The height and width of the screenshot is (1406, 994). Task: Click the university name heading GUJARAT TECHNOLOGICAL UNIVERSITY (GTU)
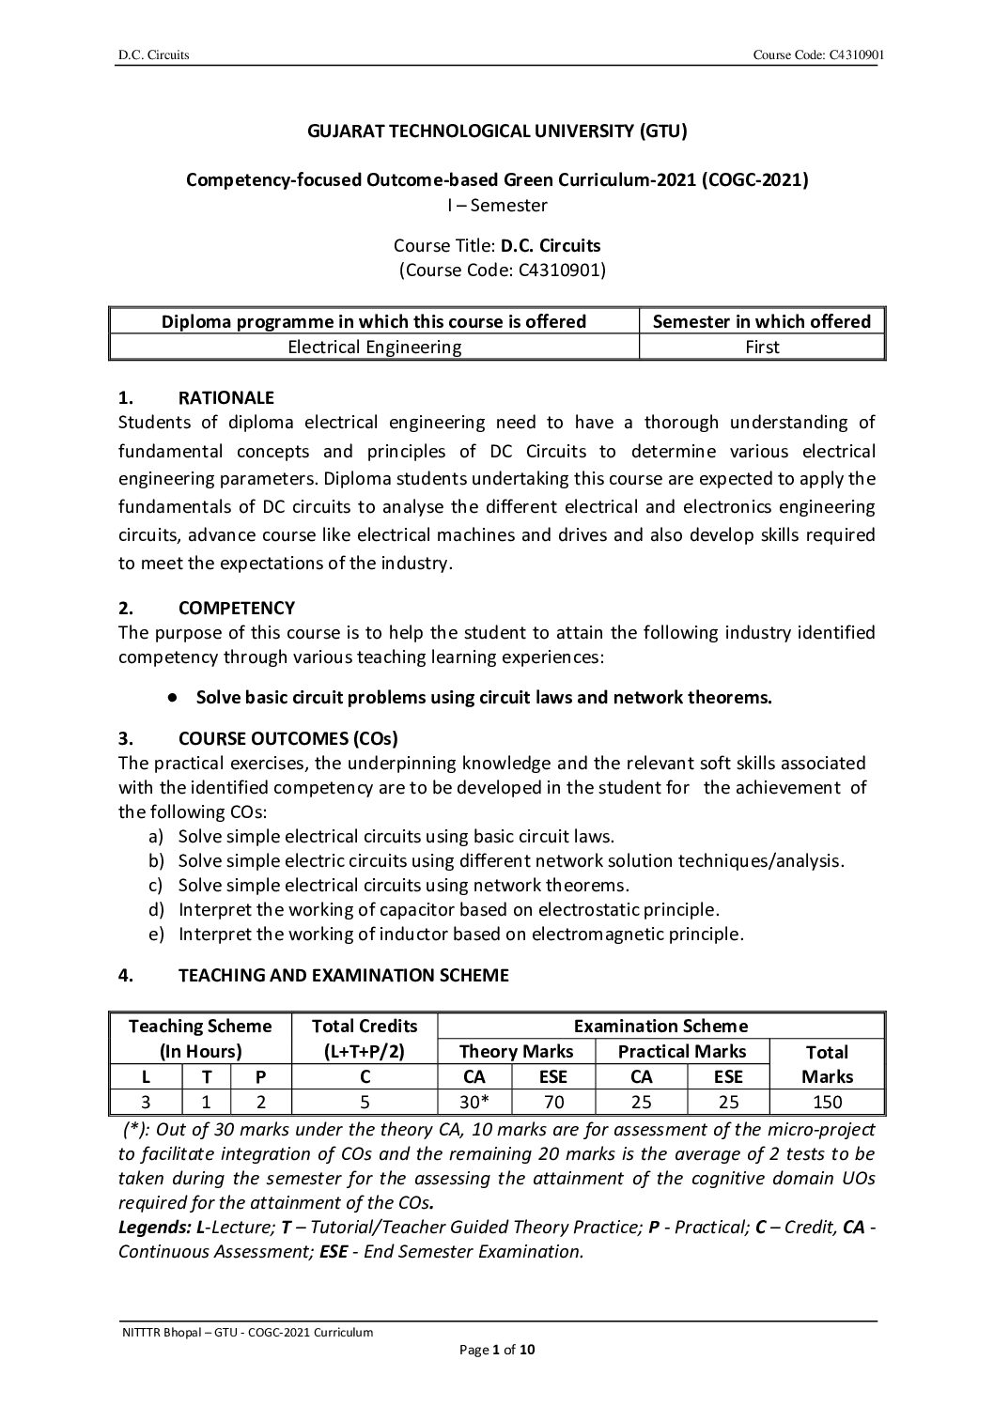pyautogui.click(x=497, y=131)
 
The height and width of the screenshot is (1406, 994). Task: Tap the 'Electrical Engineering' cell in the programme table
pyautogui.click(x=374, y=347)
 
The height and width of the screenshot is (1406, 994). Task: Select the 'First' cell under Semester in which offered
pyautogui.click(x=762, y=347)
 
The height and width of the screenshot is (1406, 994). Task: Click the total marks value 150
pyautogui.click(x=827, y=1102)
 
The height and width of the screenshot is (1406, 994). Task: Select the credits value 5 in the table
pyautogui.click(x=365, y=1102)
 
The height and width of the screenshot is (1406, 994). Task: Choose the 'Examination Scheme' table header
pyautogui.click(x=660, y=1026)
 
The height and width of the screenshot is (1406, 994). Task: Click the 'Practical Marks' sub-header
pyautogui.click(x=681, y=1051)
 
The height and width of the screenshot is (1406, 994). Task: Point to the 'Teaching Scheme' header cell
pyautogui.click(x=199, y=1026)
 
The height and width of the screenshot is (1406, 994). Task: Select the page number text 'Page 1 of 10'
pyautogui.click(x=497, y=1351)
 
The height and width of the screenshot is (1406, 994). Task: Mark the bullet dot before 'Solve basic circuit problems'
pyautogui.click(x=173, y=697)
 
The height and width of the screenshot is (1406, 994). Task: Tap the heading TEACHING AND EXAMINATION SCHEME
pyautogui.click(x=343, y=975)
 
